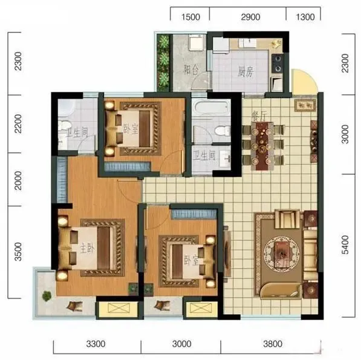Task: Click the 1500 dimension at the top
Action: [190, 17]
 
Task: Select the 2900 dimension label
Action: [250, 17]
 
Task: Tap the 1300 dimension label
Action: [305, 17]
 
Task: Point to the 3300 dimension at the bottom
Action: [96, 344]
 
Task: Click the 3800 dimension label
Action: [273, 344]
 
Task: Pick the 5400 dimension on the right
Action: [345, 244]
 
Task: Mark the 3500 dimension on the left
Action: [18, 252]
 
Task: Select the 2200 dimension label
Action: [18, 124]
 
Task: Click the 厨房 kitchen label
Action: [246, 71]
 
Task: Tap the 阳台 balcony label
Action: [191, 70]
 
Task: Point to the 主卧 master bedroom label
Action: [87, 248]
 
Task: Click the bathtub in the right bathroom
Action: [212, 108]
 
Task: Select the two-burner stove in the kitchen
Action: [277, 63]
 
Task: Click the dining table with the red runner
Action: [262, 146]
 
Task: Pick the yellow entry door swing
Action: [304, 82]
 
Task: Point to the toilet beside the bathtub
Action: [223, 131]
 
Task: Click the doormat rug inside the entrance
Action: [305, 105]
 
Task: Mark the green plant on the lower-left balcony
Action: [47, 295]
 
